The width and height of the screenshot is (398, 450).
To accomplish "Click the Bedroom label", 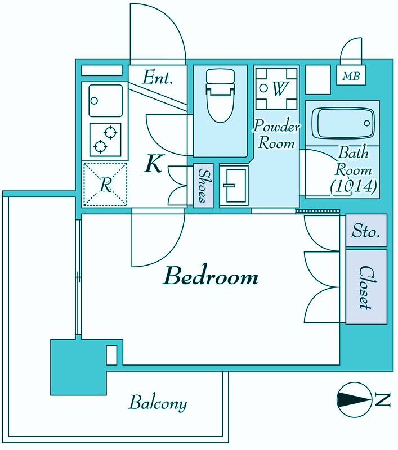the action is coord(211,276).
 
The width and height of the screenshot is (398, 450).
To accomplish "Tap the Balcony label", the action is coord(158,403).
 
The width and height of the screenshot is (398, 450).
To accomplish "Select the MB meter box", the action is coord(351,75).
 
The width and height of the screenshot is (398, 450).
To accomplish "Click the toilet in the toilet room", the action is coord(220,95).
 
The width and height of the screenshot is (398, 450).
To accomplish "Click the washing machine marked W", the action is coord(276,89).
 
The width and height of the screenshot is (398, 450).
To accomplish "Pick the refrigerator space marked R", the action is coord(105,184).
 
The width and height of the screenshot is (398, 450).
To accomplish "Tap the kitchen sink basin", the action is coord(106,100).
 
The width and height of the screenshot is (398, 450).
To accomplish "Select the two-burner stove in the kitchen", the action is coord(105,139).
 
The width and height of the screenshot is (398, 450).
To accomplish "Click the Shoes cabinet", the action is coord(203,186).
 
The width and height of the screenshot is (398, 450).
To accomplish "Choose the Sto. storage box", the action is coord(366,230).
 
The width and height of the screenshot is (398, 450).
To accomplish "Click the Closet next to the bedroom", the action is coord(366,287).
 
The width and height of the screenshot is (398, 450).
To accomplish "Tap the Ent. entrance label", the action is coord(158,77).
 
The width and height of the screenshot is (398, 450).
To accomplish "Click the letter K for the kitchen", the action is coord(154,163).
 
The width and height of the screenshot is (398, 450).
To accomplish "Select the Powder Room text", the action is coord(276,134).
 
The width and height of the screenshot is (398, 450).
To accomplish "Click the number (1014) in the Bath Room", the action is coord(353,187).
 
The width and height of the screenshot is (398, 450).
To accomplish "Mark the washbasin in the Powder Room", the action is coord(234,186).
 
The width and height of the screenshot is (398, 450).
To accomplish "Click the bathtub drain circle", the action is coord(366,123).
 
